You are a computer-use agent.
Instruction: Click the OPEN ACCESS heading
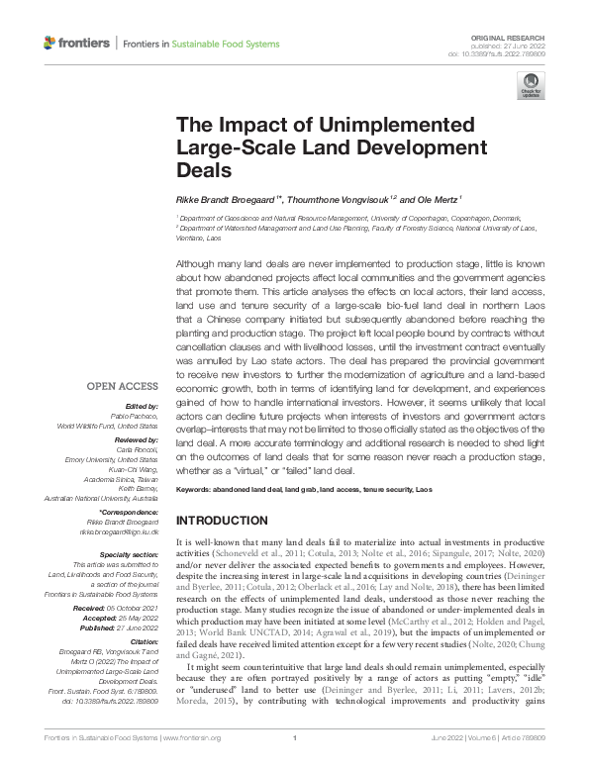tap(122, 385)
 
